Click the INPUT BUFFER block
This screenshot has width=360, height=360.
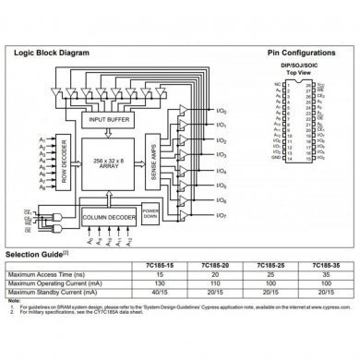[x=112, y=119]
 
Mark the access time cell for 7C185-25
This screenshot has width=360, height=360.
[x=269, y=274]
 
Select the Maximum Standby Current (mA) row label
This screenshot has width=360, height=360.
[x=55, y=293]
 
